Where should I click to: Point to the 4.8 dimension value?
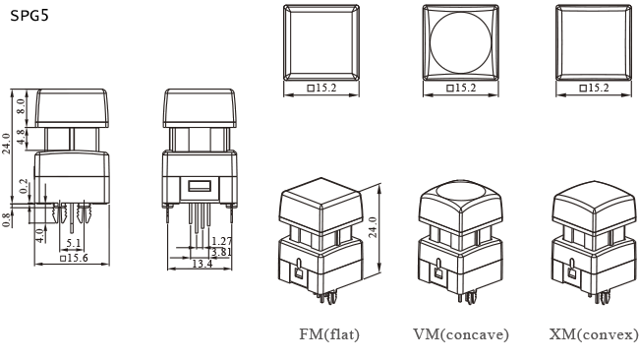point(20,137)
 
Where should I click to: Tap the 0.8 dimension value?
point(7,218)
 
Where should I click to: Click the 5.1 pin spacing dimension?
point(73,241)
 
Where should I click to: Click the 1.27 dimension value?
point(222,241)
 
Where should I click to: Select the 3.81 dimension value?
point(222,252)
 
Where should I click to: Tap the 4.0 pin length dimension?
point(38,235)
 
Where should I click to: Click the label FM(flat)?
point(329,334)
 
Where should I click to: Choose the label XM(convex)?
point(594,334)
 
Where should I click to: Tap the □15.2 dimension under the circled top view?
point(461,89)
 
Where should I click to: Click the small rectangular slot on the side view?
point(200,185)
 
